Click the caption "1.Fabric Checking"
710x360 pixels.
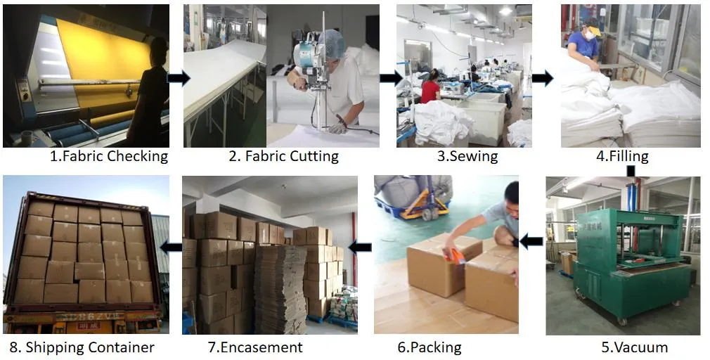(109, 156)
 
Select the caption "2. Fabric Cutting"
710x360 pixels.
(283, 156)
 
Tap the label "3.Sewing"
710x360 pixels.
(467, 156)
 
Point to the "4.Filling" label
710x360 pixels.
(622, 156)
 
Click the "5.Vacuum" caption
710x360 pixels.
(634, 347)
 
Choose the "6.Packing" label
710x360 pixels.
(430, 347)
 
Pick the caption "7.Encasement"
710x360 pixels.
(255, 347)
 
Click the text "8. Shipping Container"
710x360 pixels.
(82, 347)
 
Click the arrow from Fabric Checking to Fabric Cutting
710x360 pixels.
(178, 78)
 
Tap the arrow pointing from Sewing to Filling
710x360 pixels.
(542, 78)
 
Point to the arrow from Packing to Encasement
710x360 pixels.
(361, 247)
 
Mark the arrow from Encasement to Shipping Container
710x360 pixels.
(171, 247)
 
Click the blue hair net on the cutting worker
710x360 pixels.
(334, 44)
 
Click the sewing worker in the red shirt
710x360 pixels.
(430, 89)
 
